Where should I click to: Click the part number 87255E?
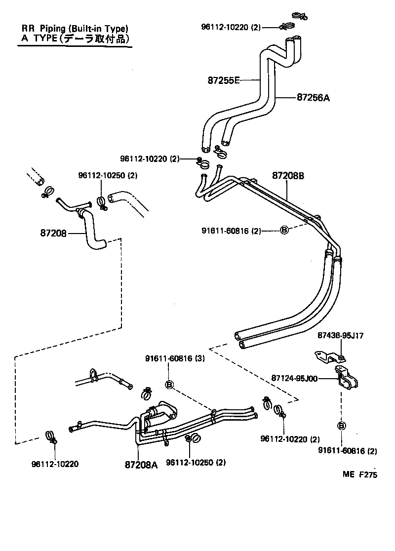[224, 80]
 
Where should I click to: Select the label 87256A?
[313, 98]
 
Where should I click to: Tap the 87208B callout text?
[288, 175]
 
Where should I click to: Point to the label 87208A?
[141, 465]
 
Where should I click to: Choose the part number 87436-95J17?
[340, 336]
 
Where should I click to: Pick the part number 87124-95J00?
[294, 379]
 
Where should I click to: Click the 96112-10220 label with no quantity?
[55, 464]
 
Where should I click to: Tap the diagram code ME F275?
[360, 474]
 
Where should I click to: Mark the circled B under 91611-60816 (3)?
[169, 384]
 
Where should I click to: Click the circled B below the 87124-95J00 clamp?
[341, 426]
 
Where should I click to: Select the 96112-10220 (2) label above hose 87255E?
[231, 27]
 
